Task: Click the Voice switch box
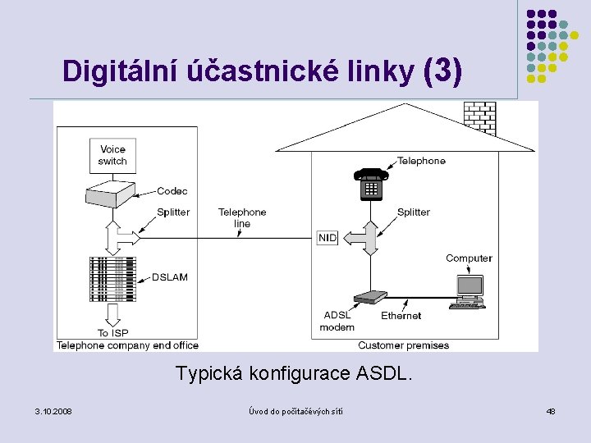pos(112,155)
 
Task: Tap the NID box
pos(327,238)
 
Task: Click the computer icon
pos(469,290)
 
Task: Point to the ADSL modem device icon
pos(370,298)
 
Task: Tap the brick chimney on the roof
pos(479,114)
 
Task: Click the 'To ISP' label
pos(114,333)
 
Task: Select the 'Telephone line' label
pos(242,217)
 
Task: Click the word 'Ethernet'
pos(401,316)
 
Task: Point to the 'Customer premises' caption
pos(403,345)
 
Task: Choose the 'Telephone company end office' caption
pos(127,345)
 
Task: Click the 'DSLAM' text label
pos(169,277)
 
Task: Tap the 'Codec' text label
pos(172,191)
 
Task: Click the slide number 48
pos(551,410)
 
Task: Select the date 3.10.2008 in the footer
pos(53,410)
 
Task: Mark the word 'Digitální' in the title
pos(111,72)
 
